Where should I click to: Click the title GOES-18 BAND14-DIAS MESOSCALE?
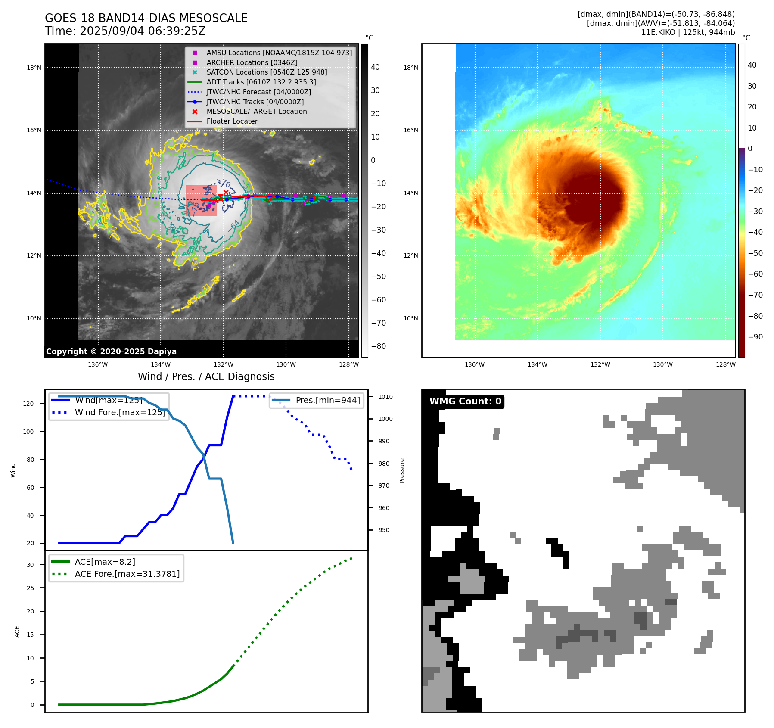coord(146,18)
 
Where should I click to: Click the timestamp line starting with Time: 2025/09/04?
coord(125,31)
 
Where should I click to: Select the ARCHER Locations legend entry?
coord(252,62)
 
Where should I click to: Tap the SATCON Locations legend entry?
coord(267,72)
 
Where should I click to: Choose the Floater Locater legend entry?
coord(232,121)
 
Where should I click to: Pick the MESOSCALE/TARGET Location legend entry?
coord(256,111)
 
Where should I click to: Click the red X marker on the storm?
coord(226,193)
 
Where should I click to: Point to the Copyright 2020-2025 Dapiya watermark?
coord(111,352)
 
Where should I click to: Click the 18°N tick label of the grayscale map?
coord(34,68)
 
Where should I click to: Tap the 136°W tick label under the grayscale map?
coord(98,364)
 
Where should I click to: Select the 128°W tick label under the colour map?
coord(725,364)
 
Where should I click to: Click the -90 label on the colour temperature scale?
coord(755,337)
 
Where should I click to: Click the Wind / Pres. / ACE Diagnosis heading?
coord(206,376)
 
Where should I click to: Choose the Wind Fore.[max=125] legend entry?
coord(120,412)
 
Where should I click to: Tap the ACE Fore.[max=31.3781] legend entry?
coord(127,574)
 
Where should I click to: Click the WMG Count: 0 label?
coord(465,401)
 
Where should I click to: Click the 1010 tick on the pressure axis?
coord(385,397)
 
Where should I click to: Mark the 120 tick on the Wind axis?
coord(28,404)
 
